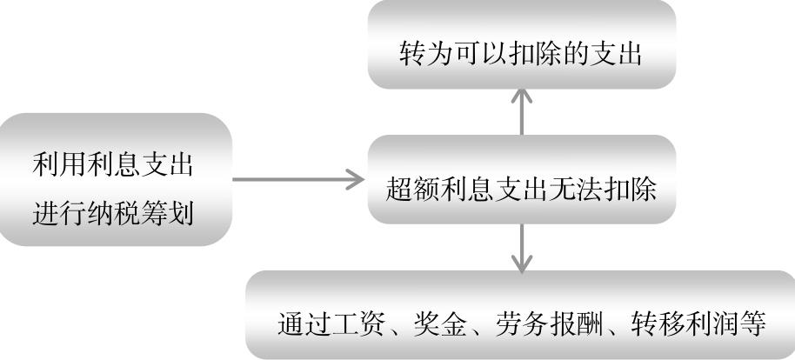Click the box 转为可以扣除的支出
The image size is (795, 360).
(522, 44)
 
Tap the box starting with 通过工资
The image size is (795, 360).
(520, 315)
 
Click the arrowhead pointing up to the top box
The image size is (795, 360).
(522, 97)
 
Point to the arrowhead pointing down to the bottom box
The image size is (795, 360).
(522, 263)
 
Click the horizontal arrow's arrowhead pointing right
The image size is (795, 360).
(355, 179)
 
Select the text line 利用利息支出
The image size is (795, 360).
(112, 163)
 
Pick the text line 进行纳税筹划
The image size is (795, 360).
(112, 212)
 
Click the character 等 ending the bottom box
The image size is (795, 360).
(752, 324)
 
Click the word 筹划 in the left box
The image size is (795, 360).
(167, 212)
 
